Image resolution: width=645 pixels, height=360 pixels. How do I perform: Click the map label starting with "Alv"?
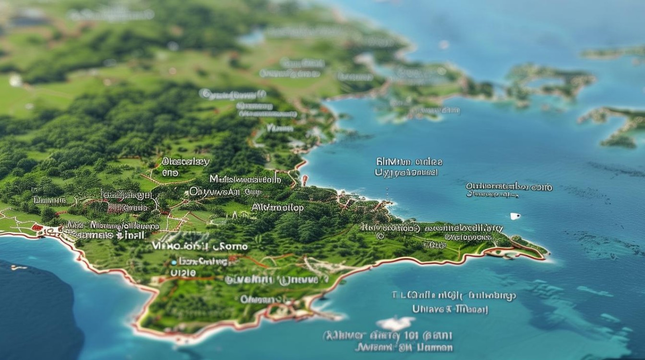[x=277, y=208]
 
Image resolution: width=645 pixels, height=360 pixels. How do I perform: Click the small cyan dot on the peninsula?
[x=173, y=263]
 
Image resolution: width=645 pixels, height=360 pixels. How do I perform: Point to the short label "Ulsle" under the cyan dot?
[x=183, y=272]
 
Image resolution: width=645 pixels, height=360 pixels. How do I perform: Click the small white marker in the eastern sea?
[x=515, y=216]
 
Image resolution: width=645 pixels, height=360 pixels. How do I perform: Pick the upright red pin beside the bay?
[x=304, y=180]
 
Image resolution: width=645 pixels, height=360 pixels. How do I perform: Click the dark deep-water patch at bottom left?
[x=38, y=307]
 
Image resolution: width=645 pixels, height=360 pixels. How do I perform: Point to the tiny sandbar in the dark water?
[x=18, y=267]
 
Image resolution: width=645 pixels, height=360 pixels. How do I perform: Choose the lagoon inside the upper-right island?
[x=542, y=82]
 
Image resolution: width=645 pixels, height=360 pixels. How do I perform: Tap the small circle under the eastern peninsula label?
[x=381, y=237]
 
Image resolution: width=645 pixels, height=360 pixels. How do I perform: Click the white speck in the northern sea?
[x=443, y=44]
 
